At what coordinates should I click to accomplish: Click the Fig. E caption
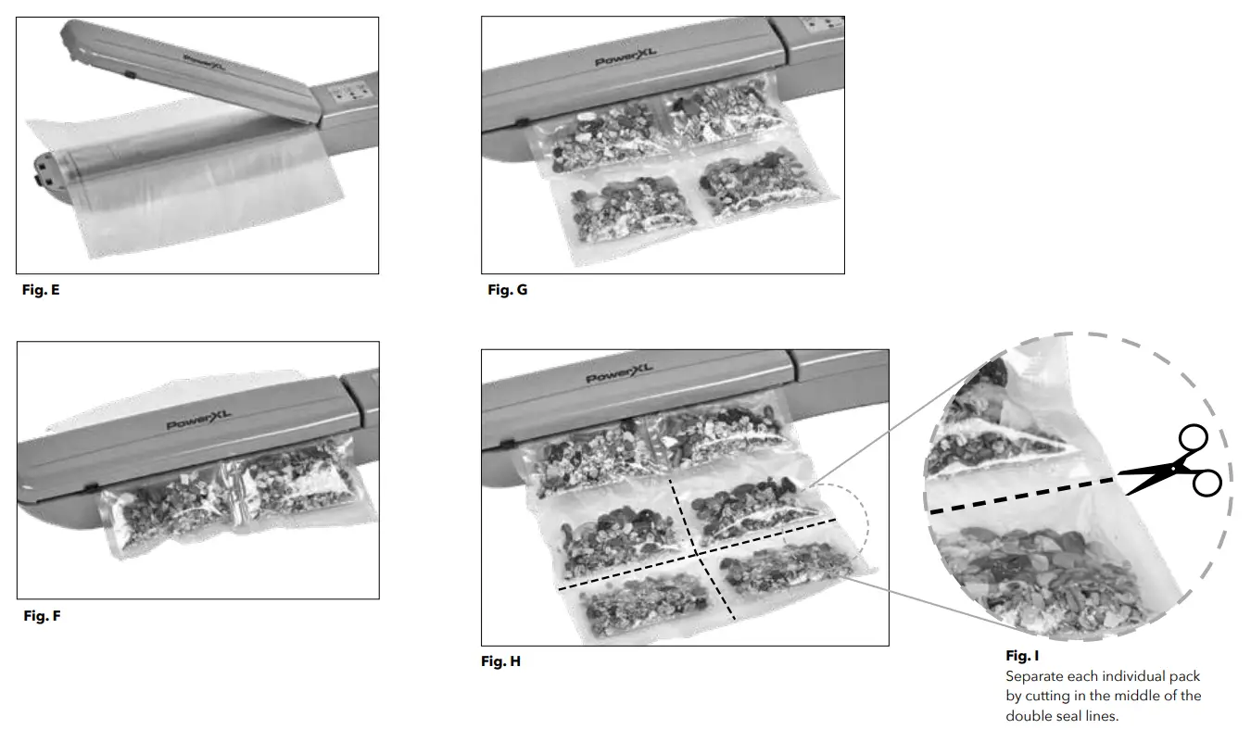coord(41,290)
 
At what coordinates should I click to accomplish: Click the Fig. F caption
coord(42,615)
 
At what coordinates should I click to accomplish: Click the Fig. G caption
coord(507,290)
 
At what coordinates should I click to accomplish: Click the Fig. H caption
coord(500,661)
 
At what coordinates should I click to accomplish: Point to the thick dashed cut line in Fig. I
coord(1019,496)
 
